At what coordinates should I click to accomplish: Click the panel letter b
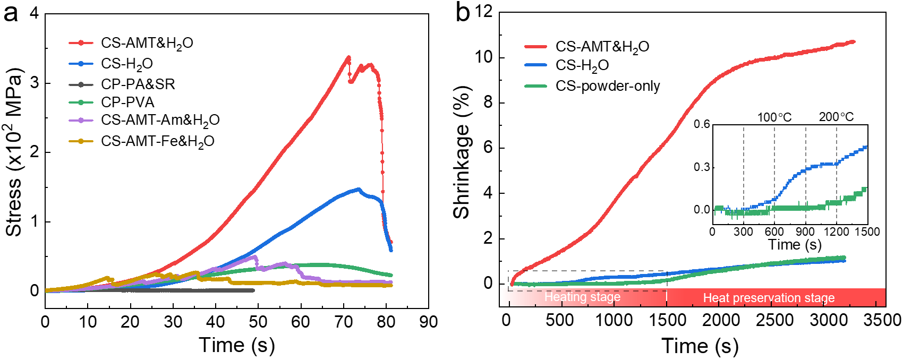point(463,13)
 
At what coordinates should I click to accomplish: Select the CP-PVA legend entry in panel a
point(127,102)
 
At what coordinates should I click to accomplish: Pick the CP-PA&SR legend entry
point(138,84)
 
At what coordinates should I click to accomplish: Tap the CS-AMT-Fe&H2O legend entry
point(158,141)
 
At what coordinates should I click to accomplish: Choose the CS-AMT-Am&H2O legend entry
point(160,120)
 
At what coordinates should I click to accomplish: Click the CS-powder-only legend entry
point(607,86)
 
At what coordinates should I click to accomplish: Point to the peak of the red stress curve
point(348,57)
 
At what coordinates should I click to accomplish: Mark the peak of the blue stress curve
point(359,189)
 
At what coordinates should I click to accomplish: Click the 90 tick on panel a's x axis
point(428,322)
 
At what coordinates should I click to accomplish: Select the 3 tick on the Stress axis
point(35,83)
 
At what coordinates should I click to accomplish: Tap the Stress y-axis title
point(15,152)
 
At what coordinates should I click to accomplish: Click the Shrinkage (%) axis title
point(462,152)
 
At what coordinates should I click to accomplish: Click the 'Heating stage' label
point(582,297)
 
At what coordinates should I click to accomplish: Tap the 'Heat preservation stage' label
point(769,298)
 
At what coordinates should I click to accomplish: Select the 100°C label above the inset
point(774,117)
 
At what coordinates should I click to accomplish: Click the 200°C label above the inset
point(836,117)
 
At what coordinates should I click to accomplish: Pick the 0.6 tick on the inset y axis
point(702,125)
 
